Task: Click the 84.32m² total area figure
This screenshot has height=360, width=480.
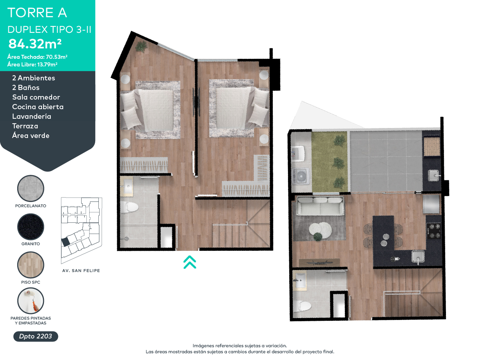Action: pos(35,44)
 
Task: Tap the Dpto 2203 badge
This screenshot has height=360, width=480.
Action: pos(36,336)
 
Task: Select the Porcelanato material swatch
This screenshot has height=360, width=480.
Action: pos(31,188)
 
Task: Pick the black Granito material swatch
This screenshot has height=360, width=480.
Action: pos(31,227)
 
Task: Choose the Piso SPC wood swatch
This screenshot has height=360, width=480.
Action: pos(31,265)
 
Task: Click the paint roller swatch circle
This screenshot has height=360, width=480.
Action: pos(31,301)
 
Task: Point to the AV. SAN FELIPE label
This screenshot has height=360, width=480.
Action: pos(81,271)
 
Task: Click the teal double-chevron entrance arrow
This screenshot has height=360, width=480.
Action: pos(190,262)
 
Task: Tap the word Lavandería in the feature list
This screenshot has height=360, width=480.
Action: pos(32,116)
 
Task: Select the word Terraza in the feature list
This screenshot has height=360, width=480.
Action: pos(25,126)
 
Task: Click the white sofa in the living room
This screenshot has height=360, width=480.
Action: pos(320,206)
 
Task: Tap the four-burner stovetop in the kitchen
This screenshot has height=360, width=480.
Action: pos(434,231)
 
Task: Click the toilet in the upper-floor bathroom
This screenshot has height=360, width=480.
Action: pos(129,207)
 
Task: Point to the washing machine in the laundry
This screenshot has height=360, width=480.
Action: pos(301,176)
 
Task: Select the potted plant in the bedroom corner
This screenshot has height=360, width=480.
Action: pos(141,46)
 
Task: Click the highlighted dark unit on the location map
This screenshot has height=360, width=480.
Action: pos(65,242)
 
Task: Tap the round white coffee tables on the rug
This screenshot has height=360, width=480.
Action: pos(320,230)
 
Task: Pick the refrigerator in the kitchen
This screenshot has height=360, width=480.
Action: pos(431,204)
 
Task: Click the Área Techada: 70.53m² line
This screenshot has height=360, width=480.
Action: pos(37,57)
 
